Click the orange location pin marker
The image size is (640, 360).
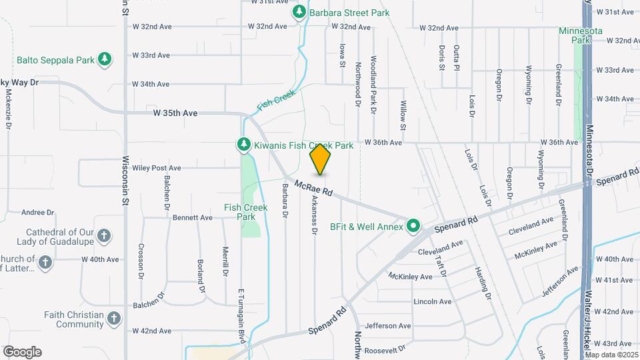(320, 159)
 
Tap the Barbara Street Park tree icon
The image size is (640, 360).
(299, 12)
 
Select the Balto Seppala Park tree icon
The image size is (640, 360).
(104, 60)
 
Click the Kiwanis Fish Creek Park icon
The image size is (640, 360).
(245, 145)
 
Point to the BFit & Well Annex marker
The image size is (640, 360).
(413, 227)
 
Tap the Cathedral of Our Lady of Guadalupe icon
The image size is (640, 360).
(103, 235)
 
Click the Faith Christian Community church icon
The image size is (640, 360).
(114, 319)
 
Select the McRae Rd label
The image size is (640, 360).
(313, 189)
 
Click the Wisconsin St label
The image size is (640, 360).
(125, 182)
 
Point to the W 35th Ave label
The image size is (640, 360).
(175, 113)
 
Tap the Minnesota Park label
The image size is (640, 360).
(581, 35)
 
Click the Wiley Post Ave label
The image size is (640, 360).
(157, 168)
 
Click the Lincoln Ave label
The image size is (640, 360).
(433, 301)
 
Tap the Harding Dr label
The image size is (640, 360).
(483, 283)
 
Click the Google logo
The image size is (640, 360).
(22, 352)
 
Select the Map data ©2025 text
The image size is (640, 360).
(611, 355)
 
